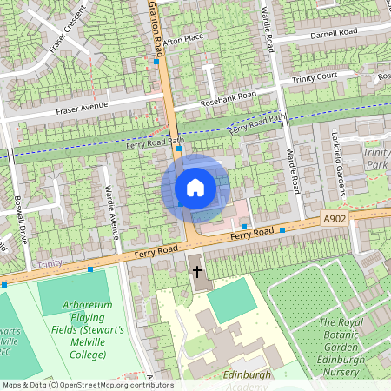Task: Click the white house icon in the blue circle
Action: pos(195,188)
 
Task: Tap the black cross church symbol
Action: pos(197,271)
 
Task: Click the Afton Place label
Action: pos(182,38)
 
